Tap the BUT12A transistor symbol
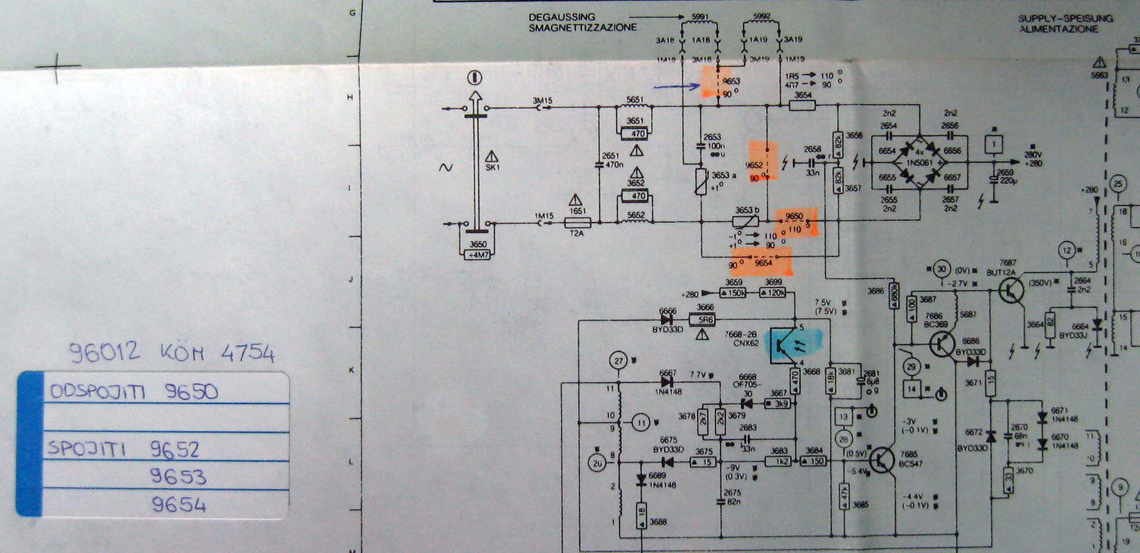[x=1011, y=289]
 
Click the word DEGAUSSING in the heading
[x=561, y=17]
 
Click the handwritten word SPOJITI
[x=87, y=449]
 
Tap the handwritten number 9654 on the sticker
[x=179, y=505]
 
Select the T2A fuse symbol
[x=577, y=223]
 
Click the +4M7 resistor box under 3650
[x=477, y=254]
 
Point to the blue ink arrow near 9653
[x=676, y=87]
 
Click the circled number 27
[x=618, y=361]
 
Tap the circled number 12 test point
[x=1066, y=250]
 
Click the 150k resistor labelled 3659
[x=733, y=293]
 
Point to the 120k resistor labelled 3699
[x=773, y=293]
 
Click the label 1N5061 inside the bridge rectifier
[x=918, y=163]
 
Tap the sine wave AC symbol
[x=446, y=167]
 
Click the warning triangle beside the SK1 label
[x=492, y=155]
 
